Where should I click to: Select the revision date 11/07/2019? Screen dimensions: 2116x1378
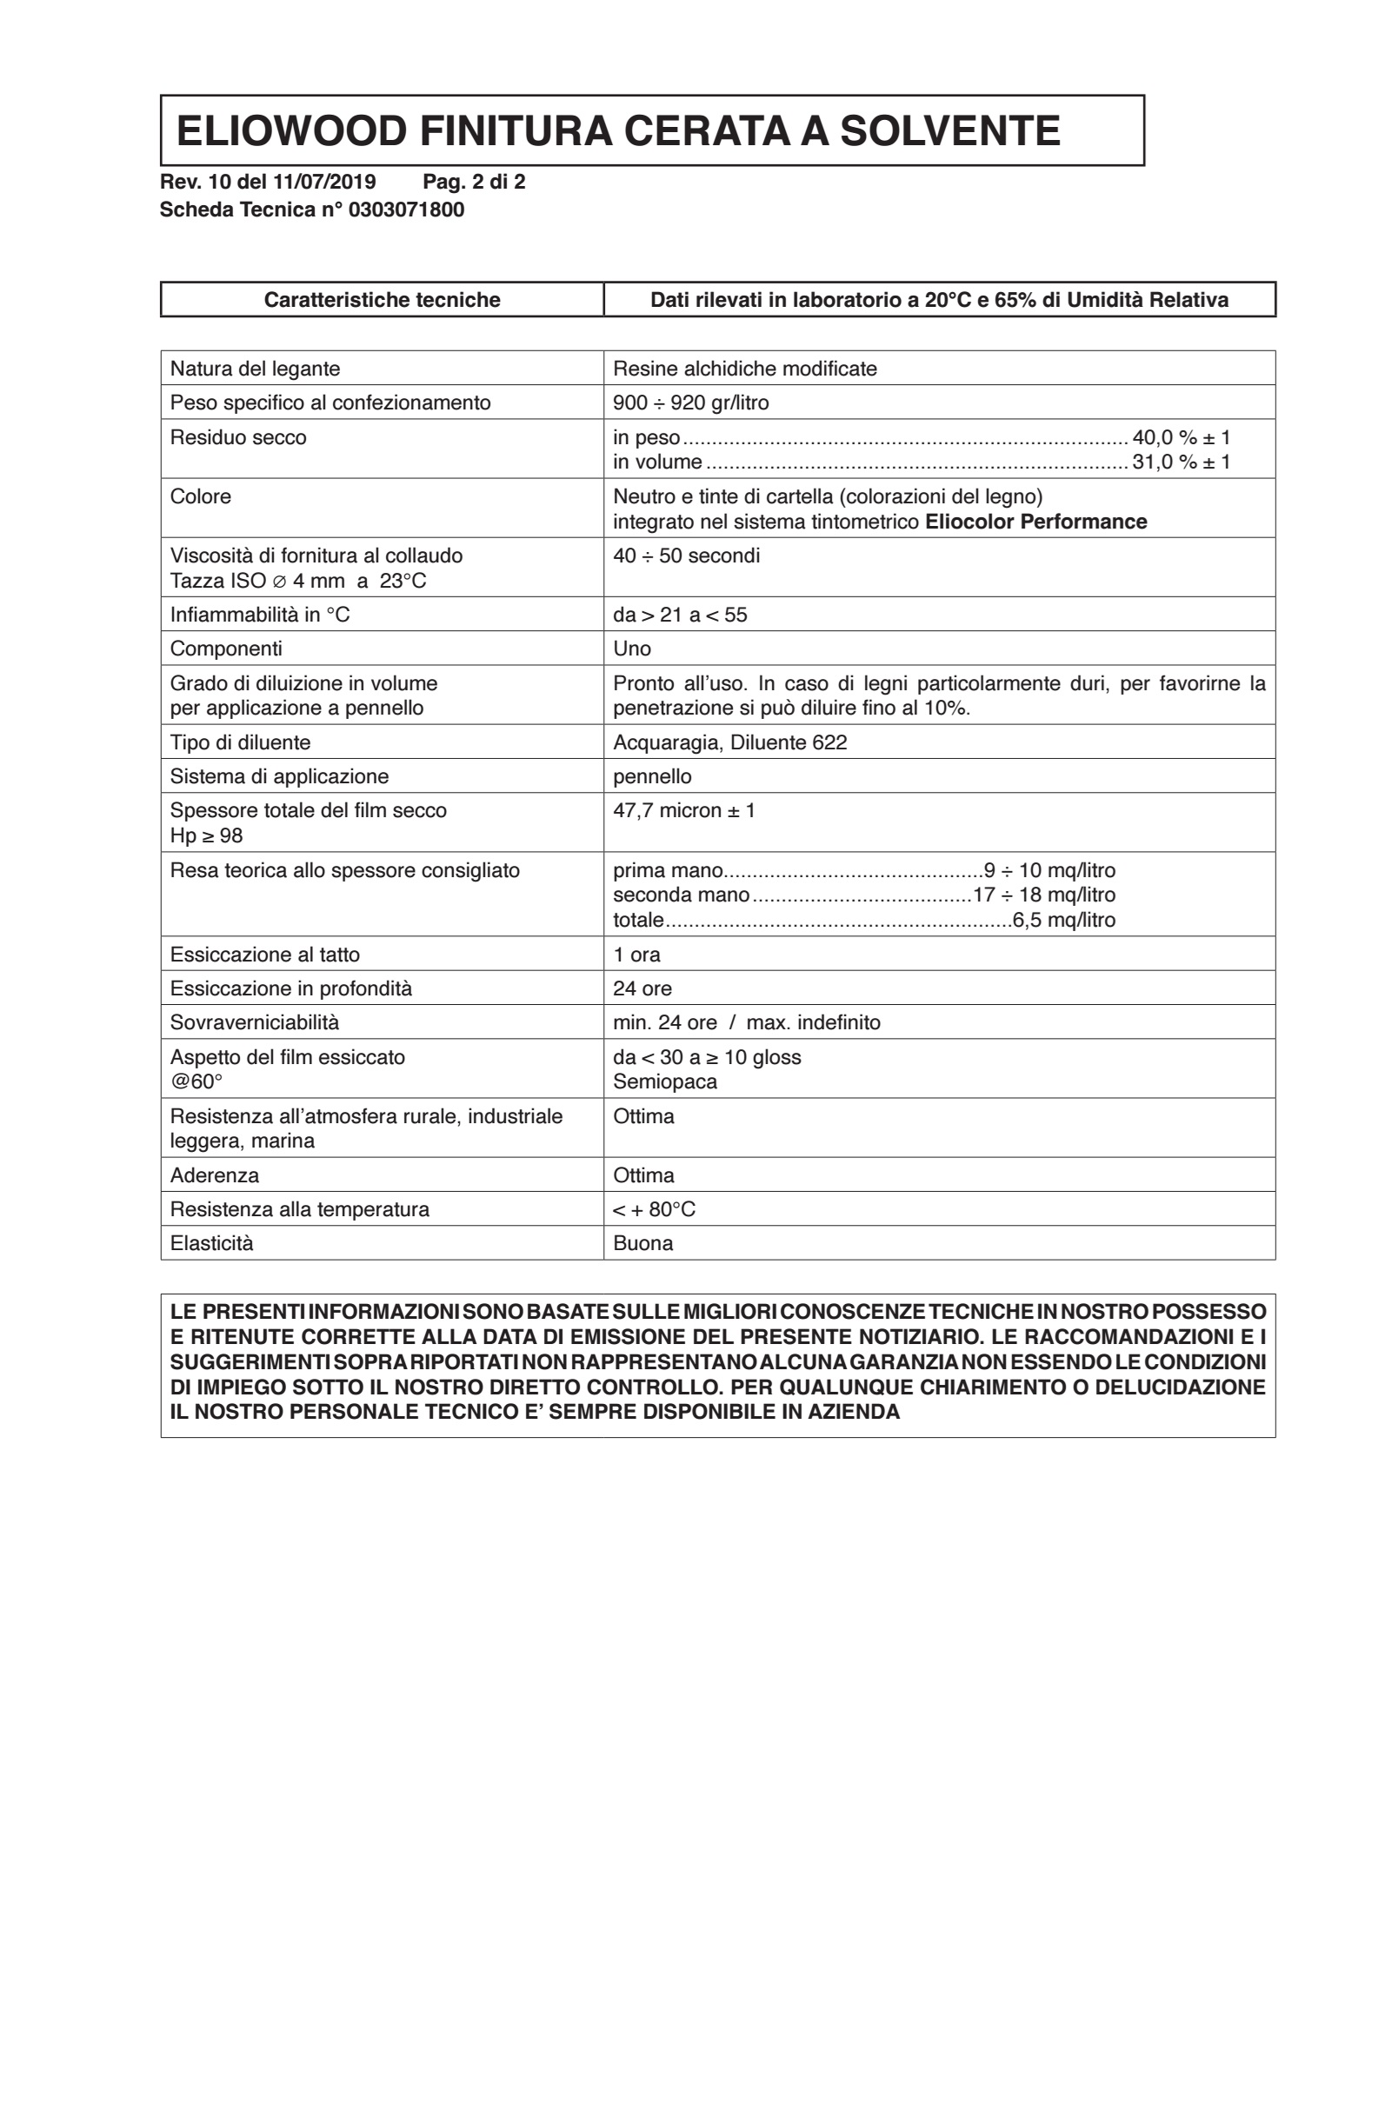[323, 183]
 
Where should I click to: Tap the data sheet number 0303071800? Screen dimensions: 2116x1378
[406, 210]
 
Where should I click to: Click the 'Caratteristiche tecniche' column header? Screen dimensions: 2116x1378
[383, 300]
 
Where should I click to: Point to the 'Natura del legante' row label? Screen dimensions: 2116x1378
[255, 369]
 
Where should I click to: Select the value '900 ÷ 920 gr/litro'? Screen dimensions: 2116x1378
[691, 403]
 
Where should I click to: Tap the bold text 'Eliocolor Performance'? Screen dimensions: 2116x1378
[1035, 522]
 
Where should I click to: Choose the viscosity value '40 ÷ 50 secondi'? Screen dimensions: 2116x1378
[686, 556]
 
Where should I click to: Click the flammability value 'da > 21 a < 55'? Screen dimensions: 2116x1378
[680, 616]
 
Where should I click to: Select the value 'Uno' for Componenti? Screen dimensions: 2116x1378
[632, 649]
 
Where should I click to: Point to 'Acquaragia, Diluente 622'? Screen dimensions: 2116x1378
[730, 742]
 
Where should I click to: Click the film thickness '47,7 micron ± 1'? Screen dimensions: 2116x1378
[683, 811]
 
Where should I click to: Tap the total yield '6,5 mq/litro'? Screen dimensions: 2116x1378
[1063, 920]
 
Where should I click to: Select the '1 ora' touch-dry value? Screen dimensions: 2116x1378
[636, 955]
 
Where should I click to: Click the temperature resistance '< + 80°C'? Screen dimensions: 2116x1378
[655, 1209]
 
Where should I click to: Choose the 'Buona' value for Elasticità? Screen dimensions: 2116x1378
[642, 1243]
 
